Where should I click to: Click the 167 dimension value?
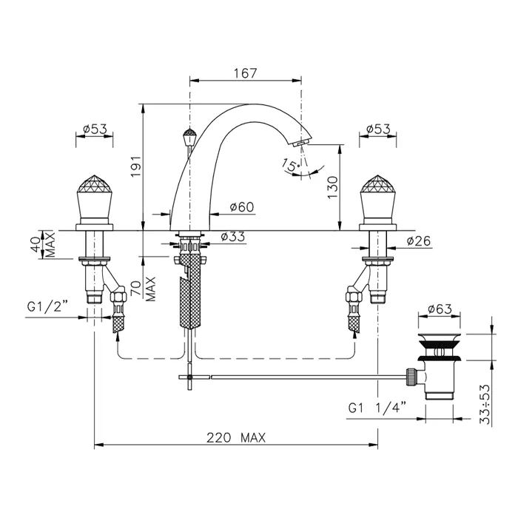245,73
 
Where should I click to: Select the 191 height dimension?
136,166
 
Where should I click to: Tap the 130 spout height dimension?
333,187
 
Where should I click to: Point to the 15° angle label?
291,164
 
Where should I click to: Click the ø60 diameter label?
242,207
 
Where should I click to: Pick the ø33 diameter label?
233,237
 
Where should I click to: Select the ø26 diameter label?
419,241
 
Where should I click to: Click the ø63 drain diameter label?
440,309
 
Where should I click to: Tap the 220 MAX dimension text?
236,438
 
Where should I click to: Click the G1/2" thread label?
47,307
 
